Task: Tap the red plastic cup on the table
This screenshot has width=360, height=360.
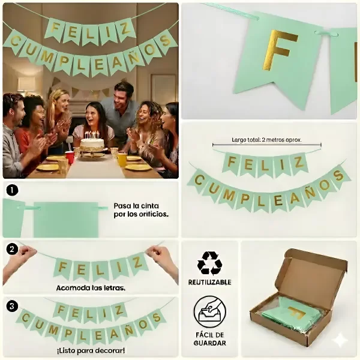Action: [x=70, y=157]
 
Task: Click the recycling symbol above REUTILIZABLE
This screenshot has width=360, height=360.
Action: [x=209, y=263]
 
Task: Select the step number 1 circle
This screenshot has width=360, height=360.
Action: [x=12, y=190]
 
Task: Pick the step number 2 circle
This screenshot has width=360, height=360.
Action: [x=12, y=250]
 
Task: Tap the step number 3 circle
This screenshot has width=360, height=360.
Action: [x=12, y=306]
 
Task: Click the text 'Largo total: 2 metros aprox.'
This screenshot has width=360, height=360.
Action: [x=266, y=140]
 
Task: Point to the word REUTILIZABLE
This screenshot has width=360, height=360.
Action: [x=209, y=282]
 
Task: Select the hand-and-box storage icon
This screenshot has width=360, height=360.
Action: [x=209, y=311]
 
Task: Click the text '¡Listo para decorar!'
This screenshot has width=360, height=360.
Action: [x=91, y=351]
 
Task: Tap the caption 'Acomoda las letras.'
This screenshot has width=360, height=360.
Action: [x=91, y=287]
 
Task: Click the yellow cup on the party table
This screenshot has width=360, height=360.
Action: [x=121, y=160]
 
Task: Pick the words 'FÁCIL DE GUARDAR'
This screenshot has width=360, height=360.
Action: [x=209, y=339]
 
